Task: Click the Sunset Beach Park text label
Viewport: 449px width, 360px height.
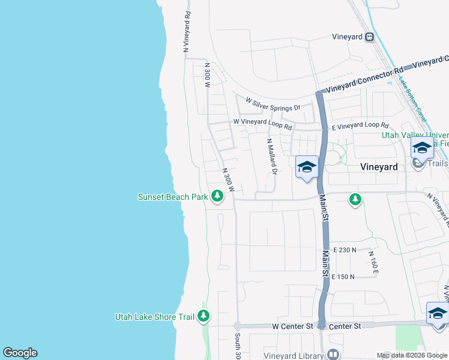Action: coord(172,197)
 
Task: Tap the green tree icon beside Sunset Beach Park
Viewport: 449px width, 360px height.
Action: coord(217,196)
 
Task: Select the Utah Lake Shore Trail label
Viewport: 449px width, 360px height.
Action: coord(154,317)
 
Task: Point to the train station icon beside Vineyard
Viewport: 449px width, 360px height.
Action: coord(370,37)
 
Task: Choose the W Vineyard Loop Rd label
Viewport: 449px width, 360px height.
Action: coord(262,124)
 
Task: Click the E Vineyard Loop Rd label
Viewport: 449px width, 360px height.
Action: coord(361,125)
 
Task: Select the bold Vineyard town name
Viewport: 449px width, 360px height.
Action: coord(379,167)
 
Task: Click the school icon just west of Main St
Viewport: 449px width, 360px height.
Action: coord(307,167)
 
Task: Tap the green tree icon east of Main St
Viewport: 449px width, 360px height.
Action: coord(355,199)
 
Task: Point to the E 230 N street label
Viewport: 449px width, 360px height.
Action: coord(344,250)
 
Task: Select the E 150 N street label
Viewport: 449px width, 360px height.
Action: coord(343,277)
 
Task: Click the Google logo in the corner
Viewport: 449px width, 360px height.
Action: coord(20,353)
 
